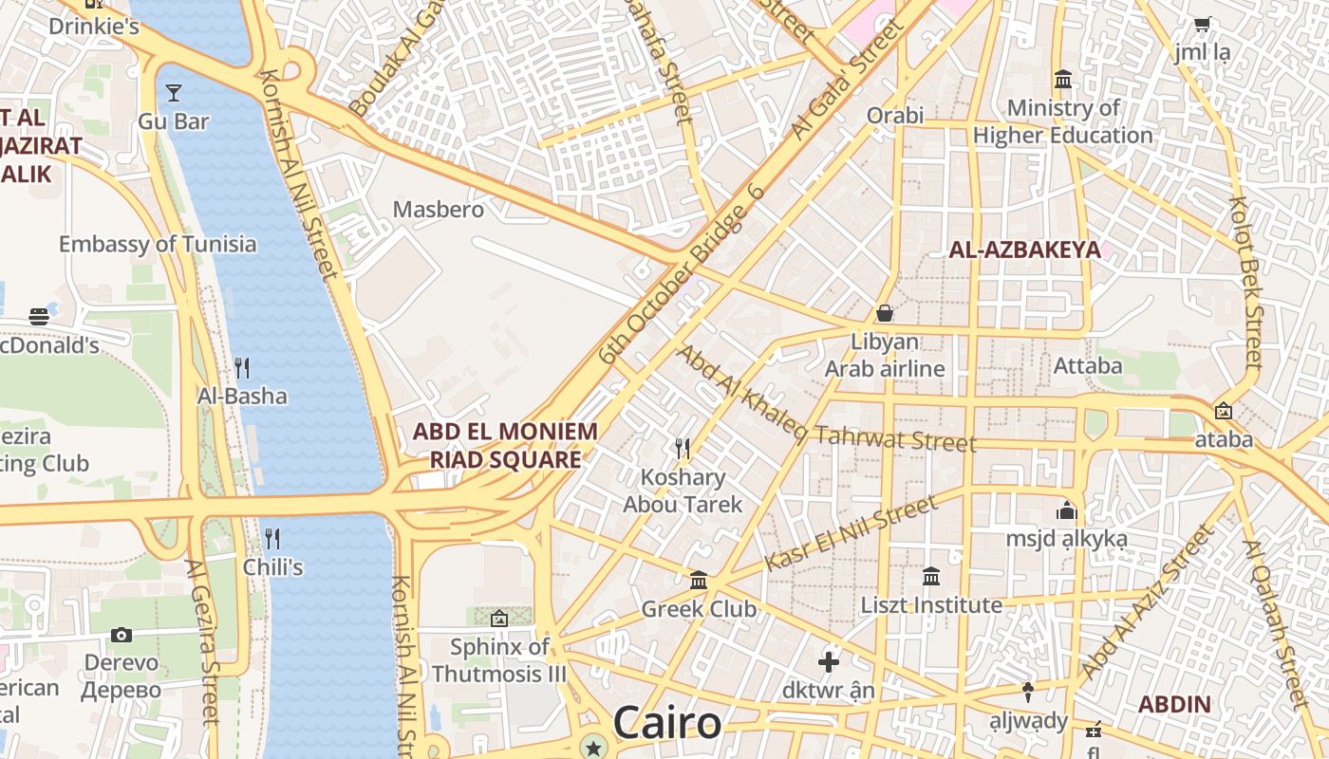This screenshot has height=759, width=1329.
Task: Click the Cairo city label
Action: click(666, 723)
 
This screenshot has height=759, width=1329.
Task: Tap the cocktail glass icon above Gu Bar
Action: click(174, 92)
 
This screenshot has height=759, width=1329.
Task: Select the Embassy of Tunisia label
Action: click(158, 244)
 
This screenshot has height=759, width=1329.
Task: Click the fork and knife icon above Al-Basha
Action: click(242, 367)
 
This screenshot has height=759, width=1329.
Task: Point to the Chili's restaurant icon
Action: click(272, 539)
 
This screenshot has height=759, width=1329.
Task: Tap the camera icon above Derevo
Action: click(122, 635)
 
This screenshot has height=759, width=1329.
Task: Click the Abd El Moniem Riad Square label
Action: click(505, 446)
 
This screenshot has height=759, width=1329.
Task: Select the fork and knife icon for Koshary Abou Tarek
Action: click(682, 447)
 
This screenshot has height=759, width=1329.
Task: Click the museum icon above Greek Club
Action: click(699, 580)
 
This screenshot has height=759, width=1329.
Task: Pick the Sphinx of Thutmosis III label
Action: click(499, 660)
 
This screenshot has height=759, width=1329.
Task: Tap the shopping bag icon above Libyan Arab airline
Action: click(885, 312)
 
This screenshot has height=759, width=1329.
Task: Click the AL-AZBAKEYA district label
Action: click(1025, 250)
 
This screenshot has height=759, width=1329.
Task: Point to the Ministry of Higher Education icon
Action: click(1063, 79)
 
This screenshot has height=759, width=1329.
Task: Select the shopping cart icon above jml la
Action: click(1202, 25)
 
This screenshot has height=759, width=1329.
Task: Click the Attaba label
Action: click(1088, 365)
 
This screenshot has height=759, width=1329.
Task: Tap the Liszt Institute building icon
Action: click(931, 576)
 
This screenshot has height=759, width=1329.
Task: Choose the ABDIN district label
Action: click(1174, 704)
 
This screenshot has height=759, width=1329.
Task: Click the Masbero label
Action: click(439, 209)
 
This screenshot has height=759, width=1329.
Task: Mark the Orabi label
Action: click(894, 116)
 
